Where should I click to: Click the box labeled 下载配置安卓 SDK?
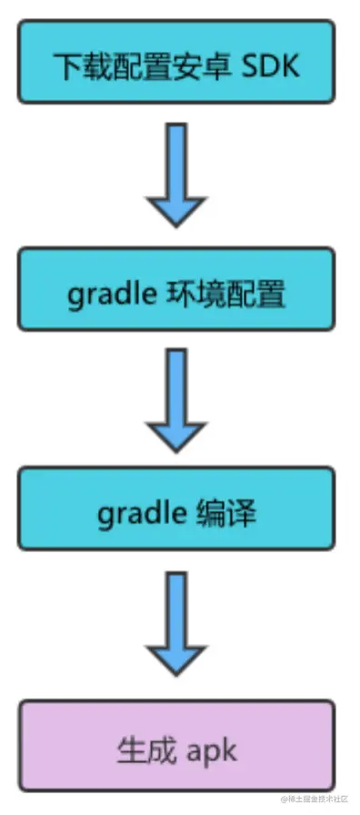point(177,64)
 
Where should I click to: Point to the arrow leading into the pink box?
point(177,624)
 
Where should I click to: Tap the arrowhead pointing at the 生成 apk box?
point(177,655)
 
